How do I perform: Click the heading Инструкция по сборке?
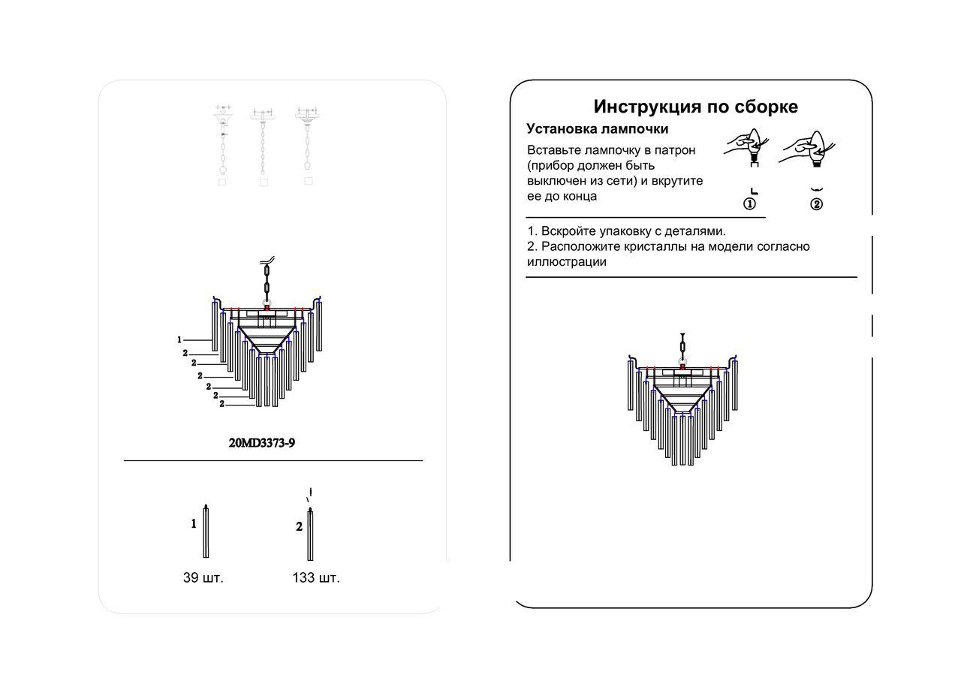coord(695,107)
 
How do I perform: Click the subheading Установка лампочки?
coord(597,129)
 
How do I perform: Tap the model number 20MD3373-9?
coord(262,443)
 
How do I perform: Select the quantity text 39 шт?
coord(203,577)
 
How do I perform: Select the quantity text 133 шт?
coord(316,577)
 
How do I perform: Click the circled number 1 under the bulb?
coord(749,204)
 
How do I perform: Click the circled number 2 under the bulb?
coord(816,204)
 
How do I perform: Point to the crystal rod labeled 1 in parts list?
coord(206,532)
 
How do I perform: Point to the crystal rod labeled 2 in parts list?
coord(310,535)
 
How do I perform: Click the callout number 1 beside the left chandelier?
coord(179,340)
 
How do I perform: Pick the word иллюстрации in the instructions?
coord(567,262)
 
